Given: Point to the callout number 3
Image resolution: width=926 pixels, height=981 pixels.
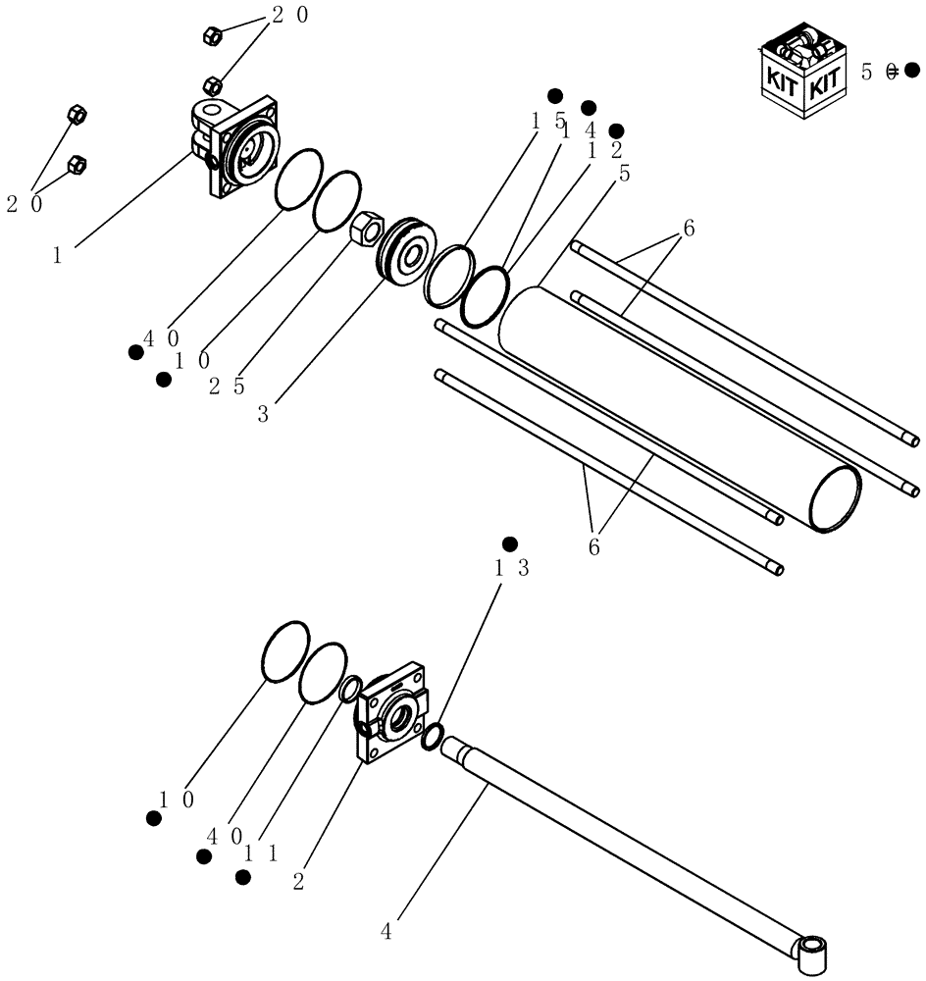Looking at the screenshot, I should click(x=263, y=414).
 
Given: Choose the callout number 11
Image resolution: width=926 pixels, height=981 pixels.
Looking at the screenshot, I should click(x=261, y=852).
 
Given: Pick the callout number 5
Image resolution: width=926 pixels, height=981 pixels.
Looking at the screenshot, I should click(x=625, y=174).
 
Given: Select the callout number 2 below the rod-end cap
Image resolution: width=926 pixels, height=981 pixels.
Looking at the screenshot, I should click(x=298, y=880).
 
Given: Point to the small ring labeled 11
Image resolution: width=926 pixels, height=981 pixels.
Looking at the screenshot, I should click(x=349, y=691).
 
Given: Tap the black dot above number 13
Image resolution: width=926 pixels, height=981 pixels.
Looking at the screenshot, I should click(x=509, y=543).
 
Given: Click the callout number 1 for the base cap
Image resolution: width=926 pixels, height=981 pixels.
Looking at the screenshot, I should click(x=58, y=255).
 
